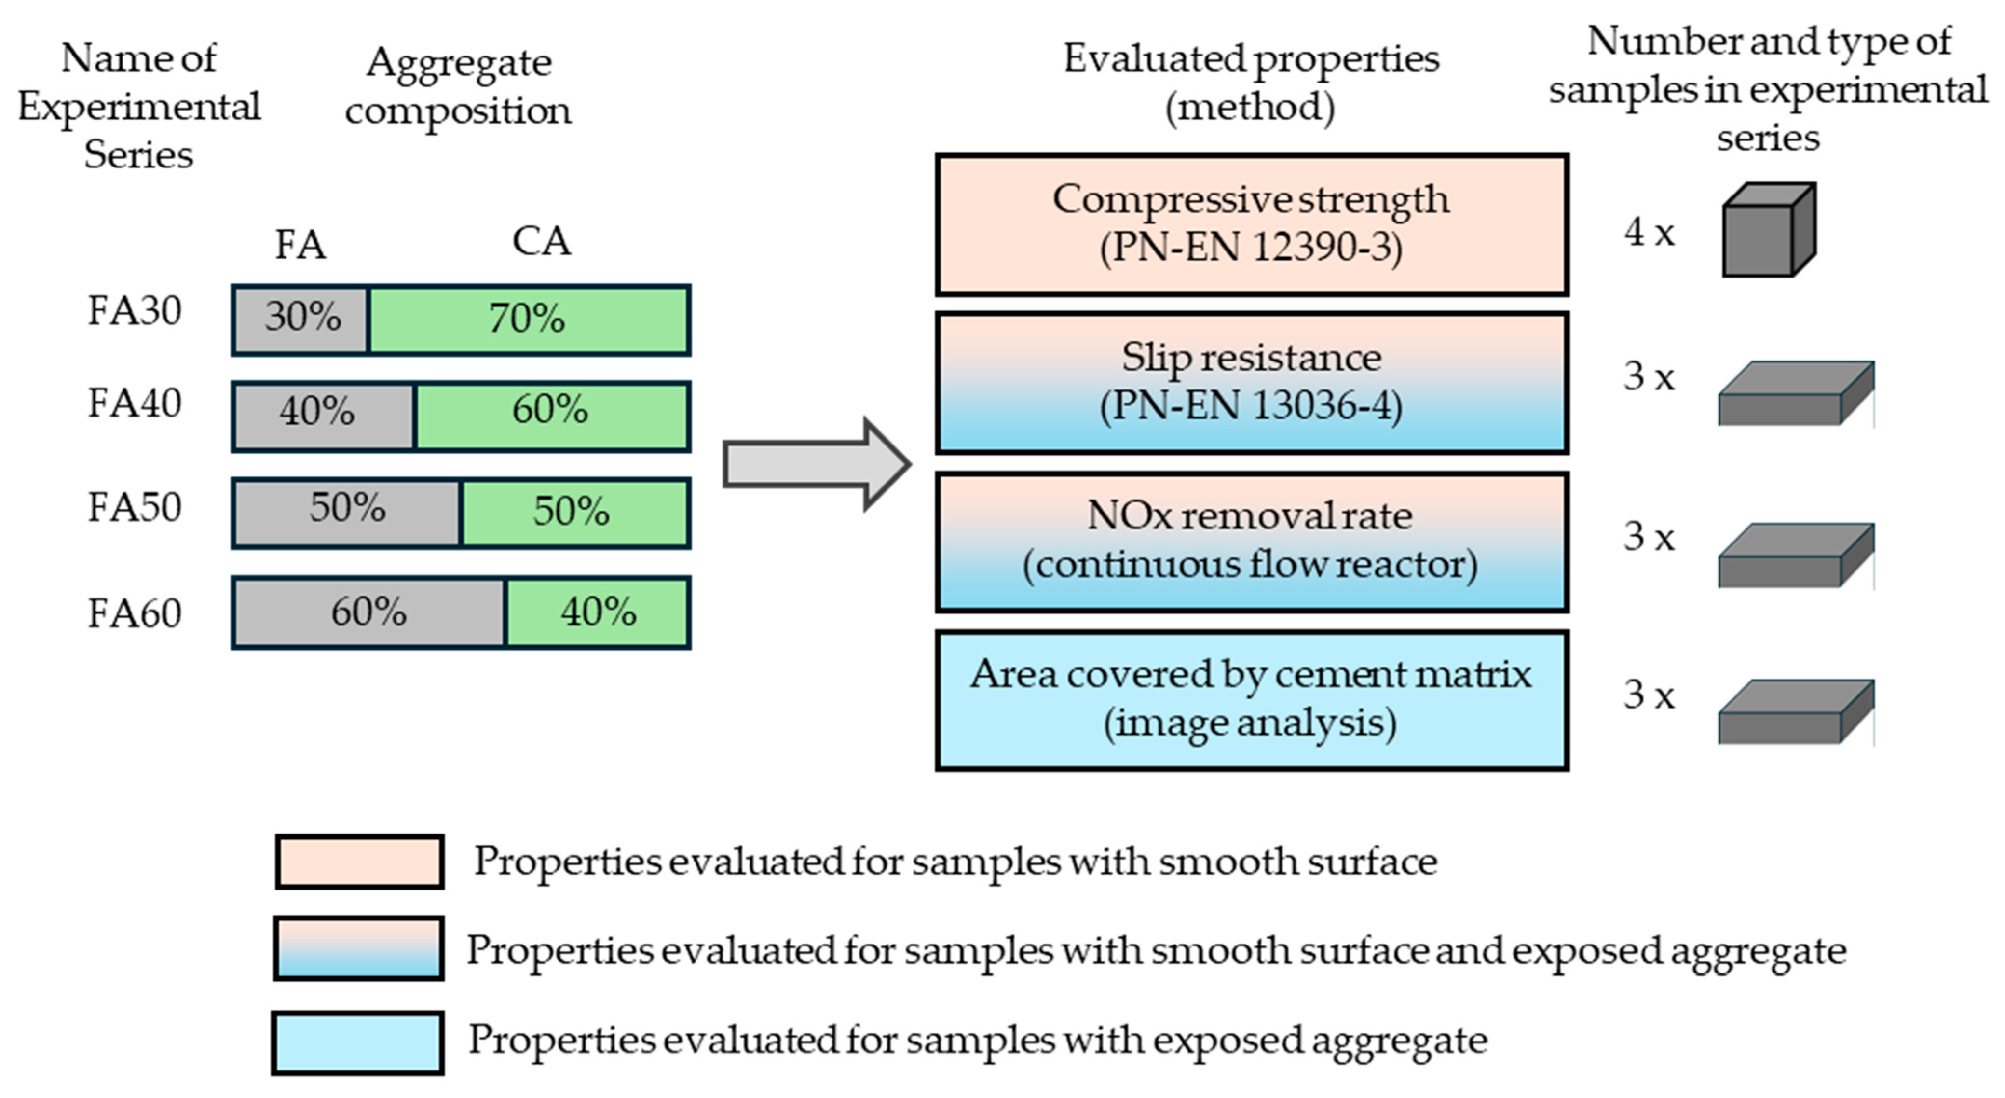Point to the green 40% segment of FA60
[597, 612]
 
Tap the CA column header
[542, 241]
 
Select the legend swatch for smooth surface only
[360, 862]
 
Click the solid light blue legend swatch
[358, 1042]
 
